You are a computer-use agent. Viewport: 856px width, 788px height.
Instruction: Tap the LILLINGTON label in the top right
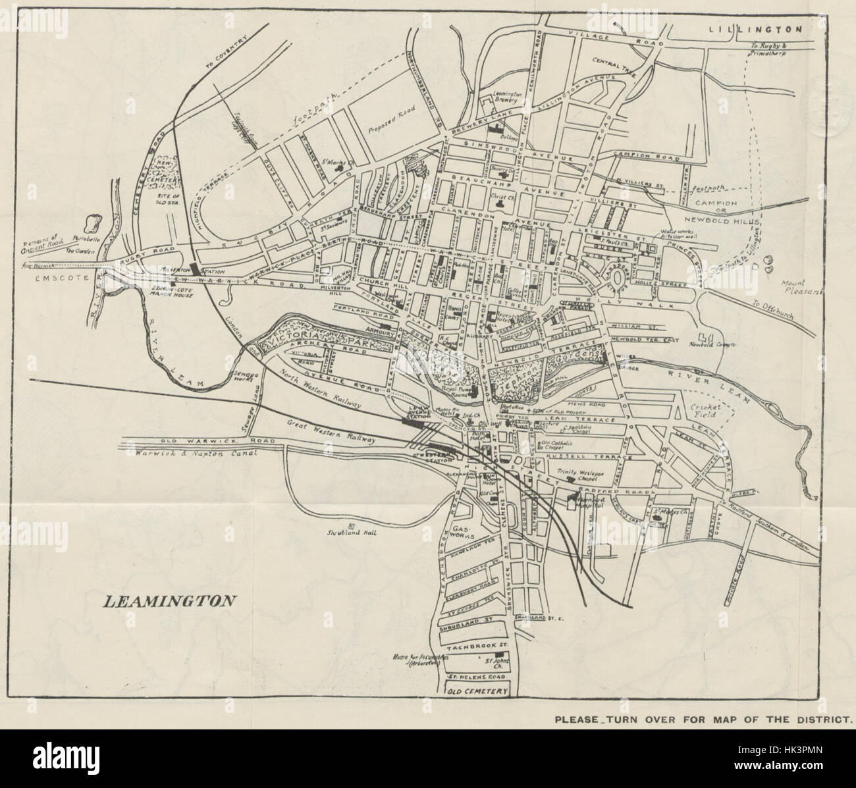pos(755,29)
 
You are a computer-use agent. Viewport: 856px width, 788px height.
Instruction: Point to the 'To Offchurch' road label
pos(771,311)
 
